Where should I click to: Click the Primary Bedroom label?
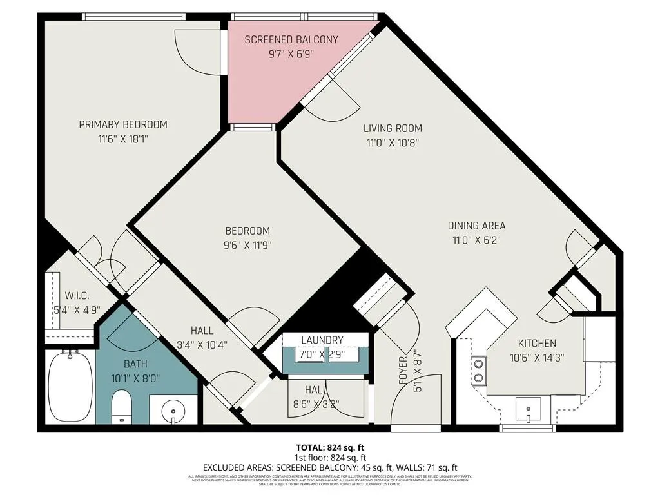coord(123,124)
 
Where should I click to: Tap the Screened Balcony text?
coord(291,40)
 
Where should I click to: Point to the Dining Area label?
coord(476,226)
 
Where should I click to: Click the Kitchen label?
coord(532,344)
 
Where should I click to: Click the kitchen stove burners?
coord(480,370)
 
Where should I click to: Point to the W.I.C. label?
coord(76,296)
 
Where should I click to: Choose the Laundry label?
coord(322,340)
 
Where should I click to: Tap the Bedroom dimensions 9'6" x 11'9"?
coord(247,245)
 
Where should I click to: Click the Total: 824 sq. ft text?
coord(329,447)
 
